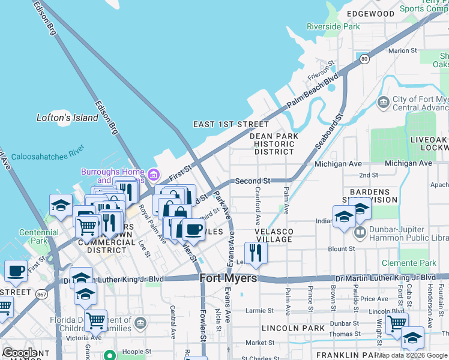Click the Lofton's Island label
point(67,118)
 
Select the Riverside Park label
point(333,26)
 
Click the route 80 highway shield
point(364,59)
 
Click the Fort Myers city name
point(228,278)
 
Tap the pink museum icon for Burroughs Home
point(154,175)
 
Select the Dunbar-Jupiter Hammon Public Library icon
point(360,232)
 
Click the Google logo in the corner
point(19,353)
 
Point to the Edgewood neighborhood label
point(370,13)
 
